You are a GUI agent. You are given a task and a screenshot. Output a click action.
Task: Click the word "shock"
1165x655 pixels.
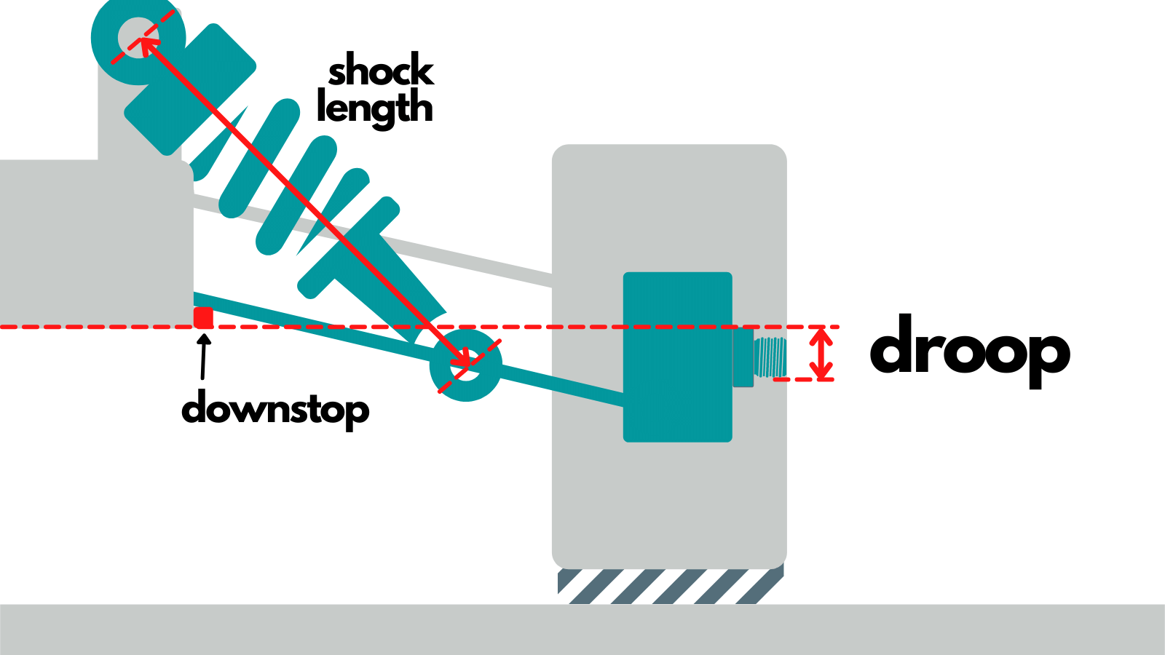pos(381,71)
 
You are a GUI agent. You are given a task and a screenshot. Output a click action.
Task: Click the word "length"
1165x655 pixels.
pos(375,108)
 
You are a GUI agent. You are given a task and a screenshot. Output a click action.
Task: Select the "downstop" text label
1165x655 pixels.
pos(275,410)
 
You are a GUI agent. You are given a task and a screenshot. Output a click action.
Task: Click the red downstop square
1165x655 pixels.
pos(203,317)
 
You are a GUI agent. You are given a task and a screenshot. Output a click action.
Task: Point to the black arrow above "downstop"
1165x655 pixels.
pos(204,357)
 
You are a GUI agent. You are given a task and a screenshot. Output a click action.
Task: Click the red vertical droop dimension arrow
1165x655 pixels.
pos(822,354)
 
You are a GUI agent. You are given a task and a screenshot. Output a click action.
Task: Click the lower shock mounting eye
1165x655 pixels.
pos(465,365)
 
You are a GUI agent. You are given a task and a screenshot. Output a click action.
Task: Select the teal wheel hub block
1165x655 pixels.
pos(677,357)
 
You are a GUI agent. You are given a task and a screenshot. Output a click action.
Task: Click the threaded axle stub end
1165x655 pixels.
pos(770,357)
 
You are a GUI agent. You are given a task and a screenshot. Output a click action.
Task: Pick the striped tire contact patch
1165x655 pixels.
pos(670,586)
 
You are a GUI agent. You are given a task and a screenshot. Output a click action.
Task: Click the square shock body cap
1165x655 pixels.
pos(191,89)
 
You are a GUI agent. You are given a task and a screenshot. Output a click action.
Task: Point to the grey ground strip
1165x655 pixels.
pos(582,630)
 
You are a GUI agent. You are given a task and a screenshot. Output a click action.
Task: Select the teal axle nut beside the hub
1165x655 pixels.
pos(743,357)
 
